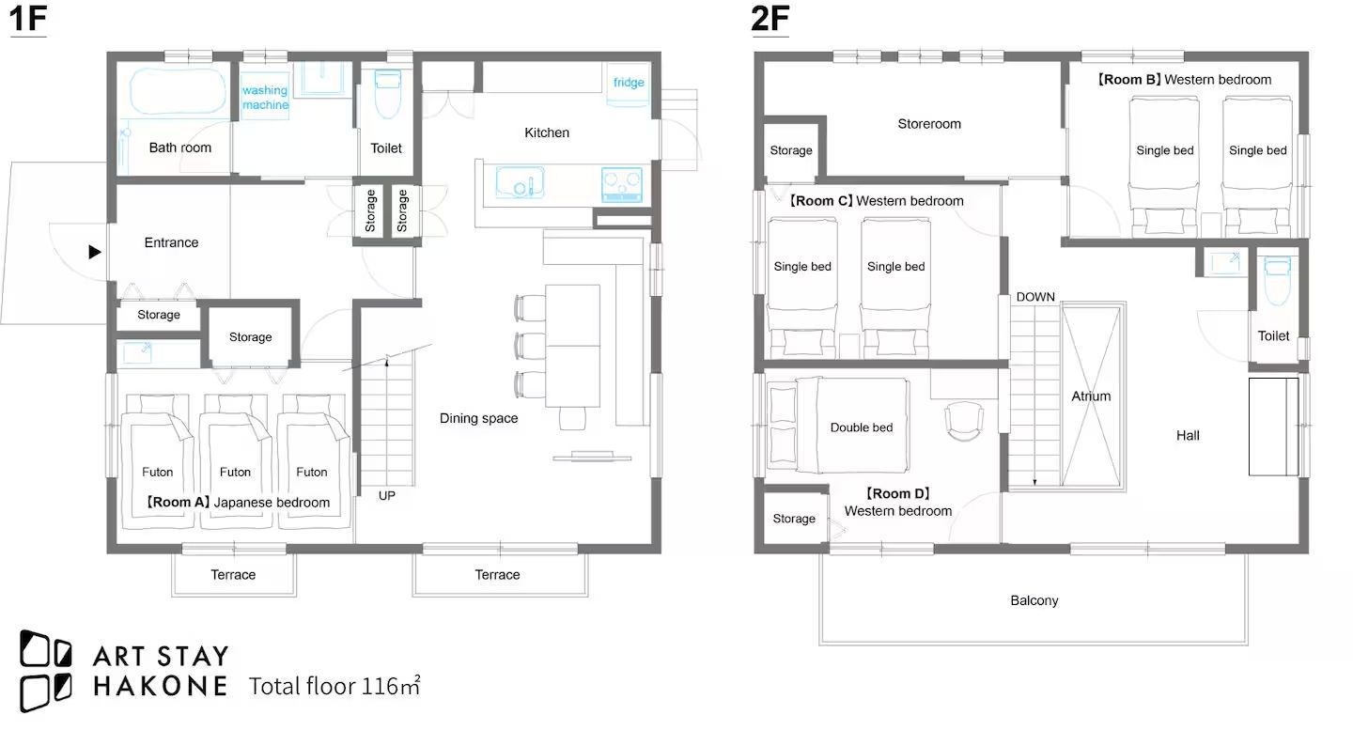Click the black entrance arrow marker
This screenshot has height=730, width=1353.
coord(95,252)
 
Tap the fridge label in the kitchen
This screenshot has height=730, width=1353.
coord(629,82)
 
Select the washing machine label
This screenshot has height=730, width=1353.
coord(265,97)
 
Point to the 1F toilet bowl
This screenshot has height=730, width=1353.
coord(387,94)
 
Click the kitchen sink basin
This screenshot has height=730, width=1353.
coord(520,182)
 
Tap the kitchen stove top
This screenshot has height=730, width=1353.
coord(622,185)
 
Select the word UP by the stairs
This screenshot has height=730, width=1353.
coord(386,496)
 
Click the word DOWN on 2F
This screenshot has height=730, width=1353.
coord(1035,297)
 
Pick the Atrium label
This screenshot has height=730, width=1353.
coord(1091,396)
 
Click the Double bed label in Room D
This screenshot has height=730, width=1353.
coord(862,427)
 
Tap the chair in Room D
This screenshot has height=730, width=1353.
coord(964,421)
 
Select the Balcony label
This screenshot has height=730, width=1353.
coord(1034,600)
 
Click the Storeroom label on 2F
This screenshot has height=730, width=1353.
coord(929,124)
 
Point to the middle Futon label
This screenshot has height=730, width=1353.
coord(235,473)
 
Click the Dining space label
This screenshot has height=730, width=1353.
coord(478,418)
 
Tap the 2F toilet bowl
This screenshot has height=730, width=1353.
coord(1277,280)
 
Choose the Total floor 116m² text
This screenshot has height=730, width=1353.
coord(334,685)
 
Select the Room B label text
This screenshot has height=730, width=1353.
coord(1184,80)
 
